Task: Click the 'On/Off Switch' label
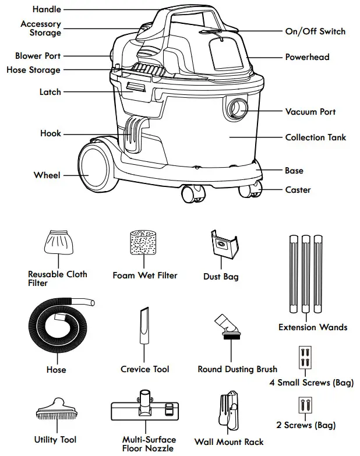(x=315, y=31)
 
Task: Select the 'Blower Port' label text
(x=38, y=56)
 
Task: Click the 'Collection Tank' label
(x=315, y=137)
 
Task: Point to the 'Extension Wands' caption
(x=313, y=327)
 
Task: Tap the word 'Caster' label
(x=298, y=190)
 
